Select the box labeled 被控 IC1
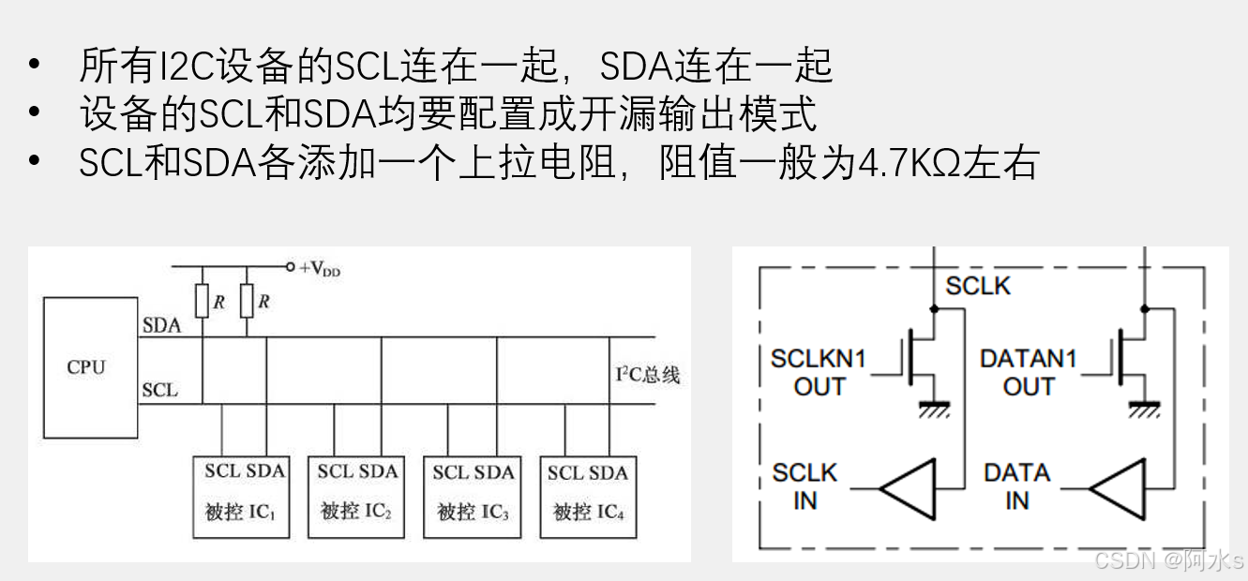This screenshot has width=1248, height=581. tap(239, 497)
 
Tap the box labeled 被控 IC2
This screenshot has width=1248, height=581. tap(355, 497)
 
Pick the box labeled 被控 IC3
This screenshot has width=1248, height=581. tap(472, 497)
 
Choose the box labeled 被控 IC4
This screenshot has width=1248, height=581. tap(588, 497)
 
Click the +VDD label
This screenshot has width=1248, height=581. tap(319, 268)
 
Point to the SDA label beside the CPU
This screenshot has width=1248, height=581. tap(161, 326)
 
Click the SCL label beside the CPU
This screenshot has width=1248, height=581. tap(159, 390)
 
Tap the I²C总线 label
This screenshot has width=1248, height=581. tap(647, 375)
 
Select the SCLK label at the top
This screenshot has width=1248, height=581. tap(978, 286)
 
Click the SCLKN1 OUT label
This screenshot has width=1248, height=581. tap(819, 372)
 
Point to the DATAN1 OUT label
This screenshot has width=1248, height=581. tap(1029, 372)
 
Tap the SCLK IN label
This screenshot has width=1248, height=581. tap(804, 486)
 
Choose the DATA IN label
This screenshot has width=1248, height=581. tap(1016, 486)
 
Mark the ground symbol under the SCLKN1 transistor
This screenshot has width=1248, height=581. tap(933, 409)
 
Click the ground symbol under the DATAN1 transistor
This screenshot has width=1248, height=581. tap(1144, 409)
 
